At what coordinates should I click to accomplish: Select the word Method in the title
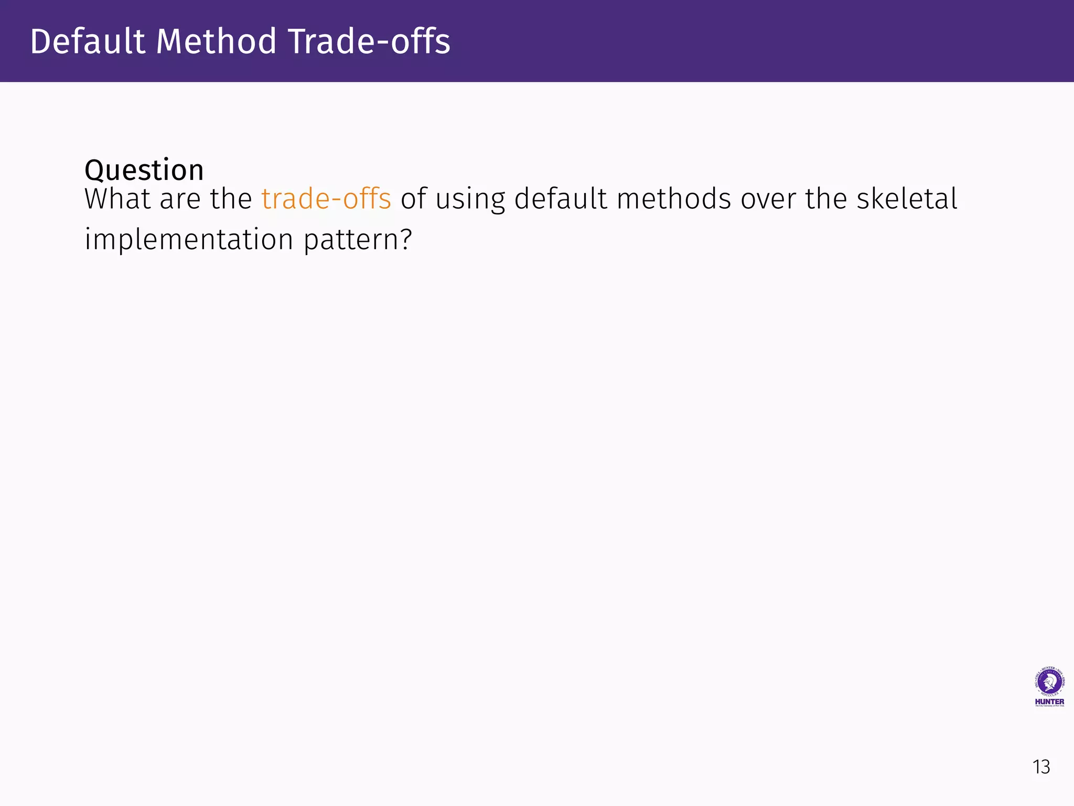click(216, 41)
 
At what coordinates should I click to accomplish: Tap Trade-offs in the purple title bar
click(369, 41)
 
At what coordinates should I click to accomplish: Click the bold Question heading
click(144, 170)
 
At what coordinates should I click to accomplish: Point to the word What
click(118, 199)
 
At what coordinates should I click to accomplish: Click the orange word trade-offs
click(326, 199)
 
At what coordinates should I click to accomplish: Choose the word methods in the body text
click(673, 199)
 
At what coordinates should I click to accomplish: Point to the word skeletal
click(907, 199)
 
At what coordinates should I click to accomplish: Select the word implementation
click(189, 240)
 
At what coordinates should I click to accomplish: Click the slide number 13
click(1041, 767)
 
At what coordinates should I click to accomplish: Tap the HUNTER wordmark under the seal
click(1049, 702)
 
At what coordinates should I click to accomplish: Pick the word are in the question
click(179, 200)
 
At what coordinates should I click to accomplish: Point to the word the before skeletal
click(826, 199)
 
